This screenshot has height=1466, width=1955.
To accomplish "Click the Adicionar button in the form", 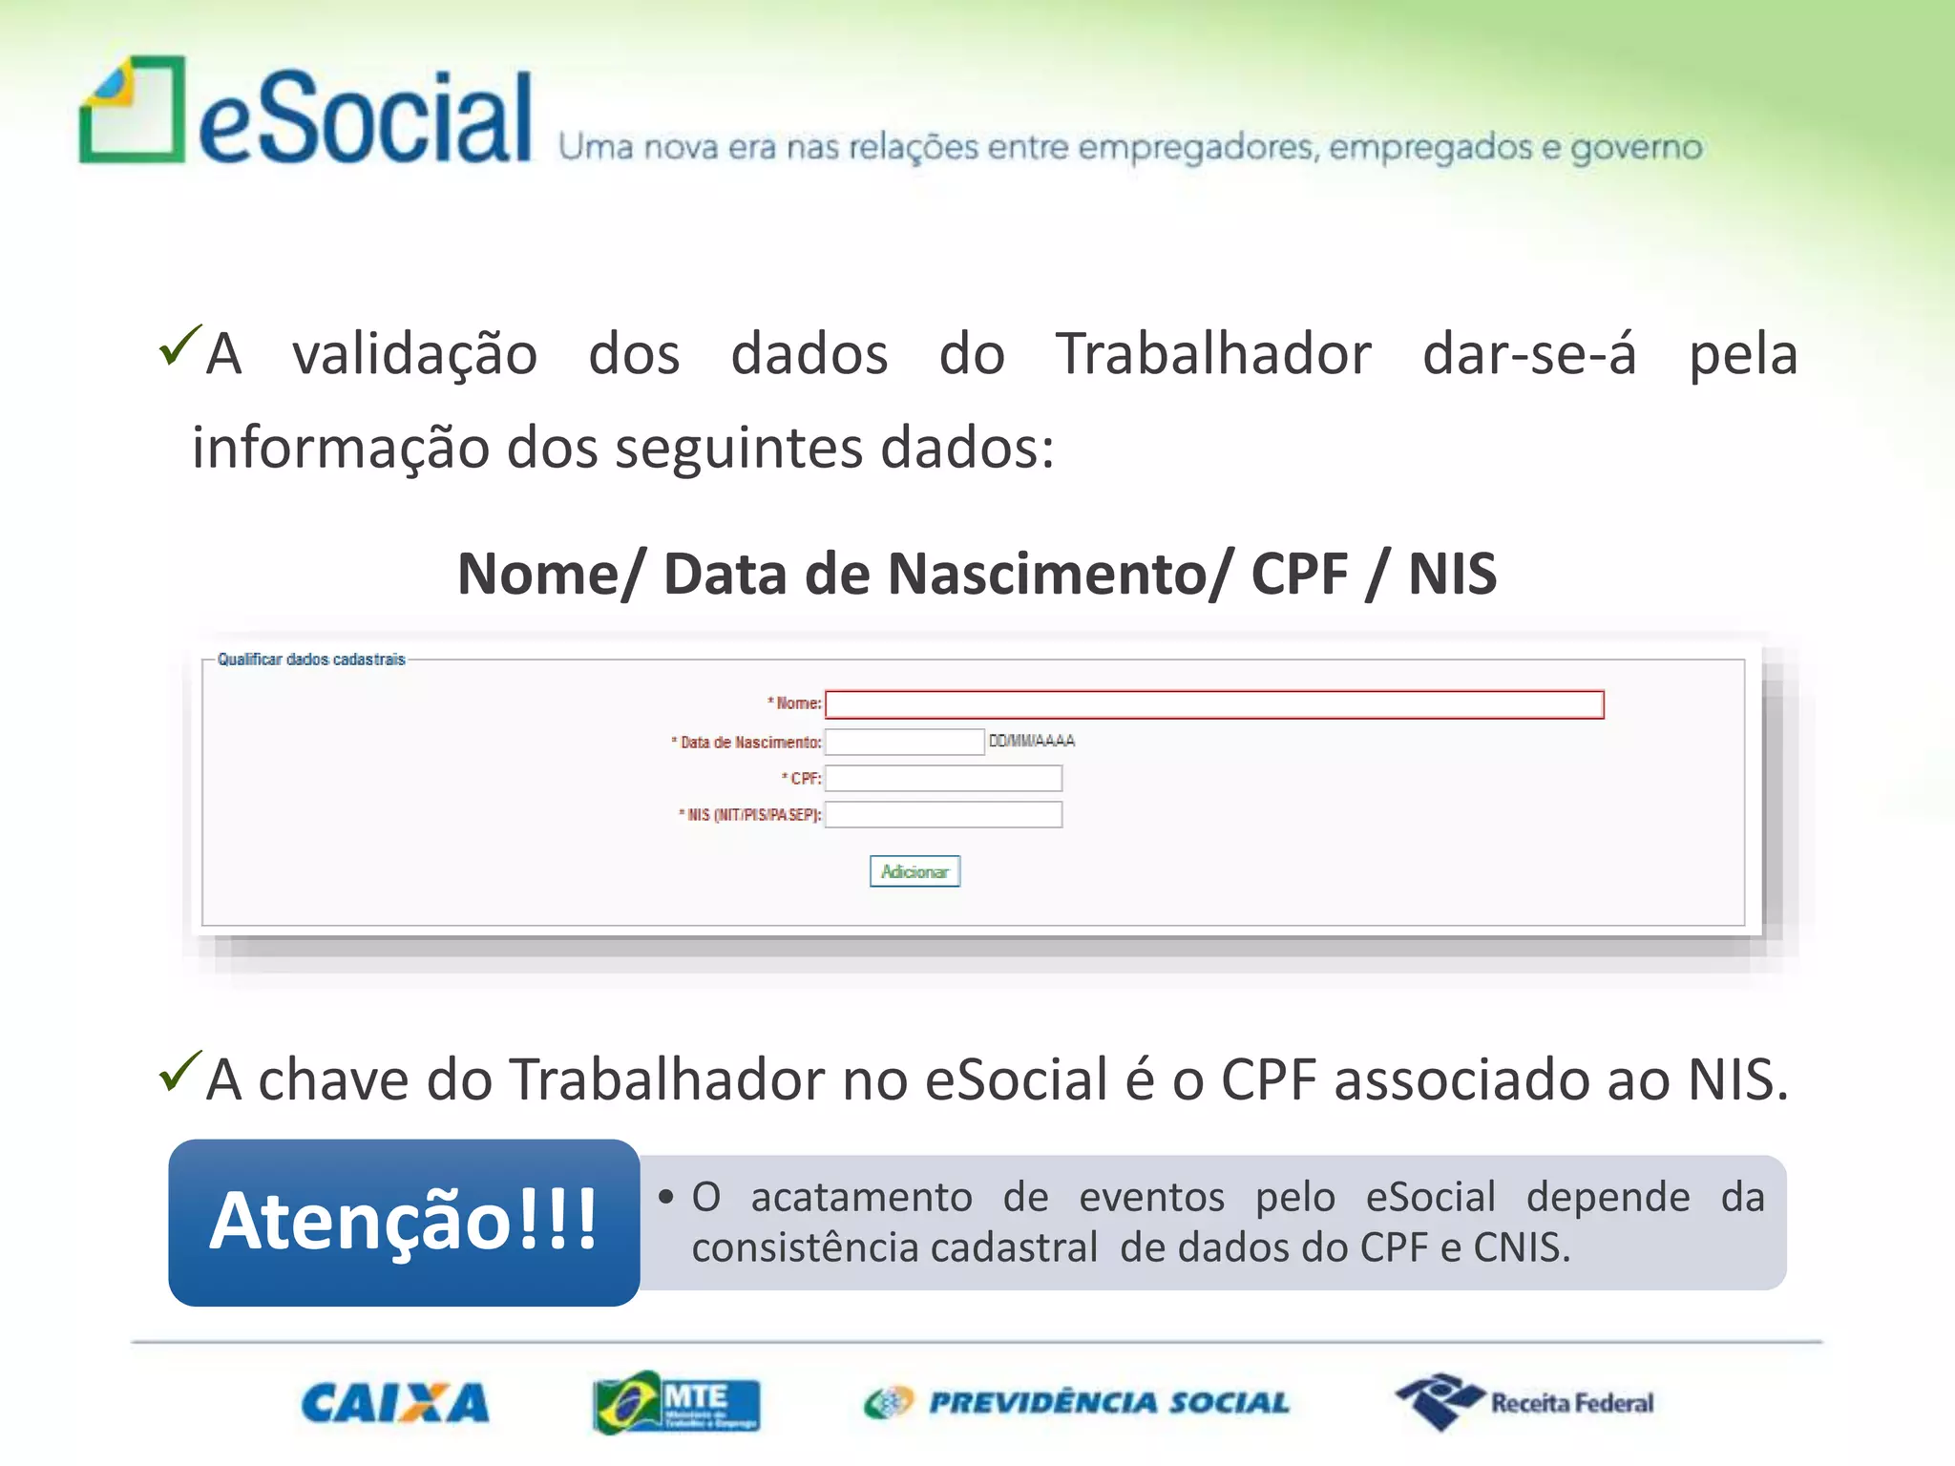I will (x=914, y=871).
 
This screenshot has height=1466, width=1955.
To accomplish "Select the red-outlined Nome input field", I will (x=1213, y=704).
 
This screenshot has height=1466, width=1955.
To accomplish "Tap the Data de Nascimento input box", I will (x=903, y=742).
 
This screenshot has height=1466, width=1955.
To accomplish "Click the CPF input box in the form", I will (x=942, y=779).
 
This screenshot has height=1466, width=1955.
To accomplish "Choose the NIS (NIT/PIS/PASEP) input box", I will (x=942, y=815).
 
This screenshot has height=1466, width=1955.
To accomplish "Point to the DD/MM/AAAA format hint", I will (x=1031, y=741).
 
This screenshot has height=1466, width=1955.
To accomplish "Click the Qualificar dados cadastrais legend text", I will (x=311, y=660).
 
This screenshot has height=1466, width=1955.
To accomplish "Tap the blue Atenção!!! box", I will (x=404, y=1222).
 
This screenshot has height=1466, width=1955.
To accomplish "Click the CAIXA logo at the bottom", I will (x=395, y=1403).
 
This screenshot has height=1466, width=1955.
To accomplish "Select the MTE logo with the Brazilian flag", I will (x=676, y=1402).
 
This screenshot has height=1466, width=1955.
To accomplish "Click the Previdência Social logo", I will (x=1077, y=1402).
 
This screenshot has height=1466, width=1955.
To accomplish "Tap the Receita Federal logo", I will (x=1524, y=1402).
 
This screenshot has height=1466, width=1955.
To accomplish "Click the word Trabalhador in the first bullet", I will (x=1212, y=354).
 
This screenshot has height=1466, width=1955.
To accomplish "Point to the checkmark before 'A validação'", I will (x=179, y=345).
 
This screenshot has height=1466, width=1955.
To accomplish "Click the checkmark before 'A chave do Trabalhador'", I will (x=179, y=1071).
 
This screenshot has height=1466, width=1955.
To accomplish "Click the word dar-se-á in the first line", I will (x=1529, y=354).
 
